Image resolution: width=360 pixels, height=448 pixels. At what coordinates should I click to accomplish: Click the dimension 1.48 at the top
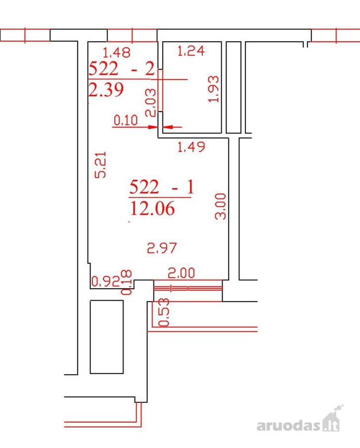point(117,52)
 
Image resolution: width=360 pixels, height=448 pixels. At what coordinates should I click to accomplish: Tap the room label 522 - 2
point(121,69)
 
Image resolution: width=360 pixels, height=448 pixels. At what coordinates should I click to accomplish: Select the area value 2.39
point(106,90)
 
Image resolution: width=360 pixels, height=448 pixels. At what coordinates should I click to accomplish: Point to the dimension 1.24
point(191,51)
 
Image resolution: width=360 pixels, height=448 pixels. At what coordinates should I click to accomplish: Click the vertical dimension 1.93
point(214,89)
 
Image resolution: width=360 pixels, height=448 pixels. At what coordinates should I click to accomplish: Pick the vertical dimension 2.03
point(150,102)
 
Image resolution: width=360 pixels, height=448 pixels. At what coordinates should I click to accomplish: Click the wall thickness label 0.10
point(125,120)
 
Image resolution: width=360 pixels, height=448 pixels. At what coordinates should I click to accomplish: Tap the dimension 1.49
point(191,147)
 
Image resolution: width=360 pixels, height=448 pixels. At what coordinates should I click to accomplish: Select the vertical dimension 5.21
point(100,165)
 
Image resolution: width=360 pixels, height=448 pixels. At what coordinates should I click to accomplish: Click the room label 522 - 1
point(162,187)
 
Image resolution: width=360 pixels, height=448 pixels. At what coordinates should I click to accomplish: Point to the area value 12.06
point(152,209)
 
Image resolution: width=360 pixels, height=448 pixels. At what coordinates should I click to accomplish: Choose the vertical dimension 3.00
point(220,206)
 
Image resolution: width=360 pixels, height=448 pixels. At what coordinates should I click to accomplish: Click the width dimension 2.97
point(162,248)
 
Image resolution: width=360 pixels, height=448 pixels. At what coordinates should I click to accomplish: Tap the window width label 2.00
point(181,273)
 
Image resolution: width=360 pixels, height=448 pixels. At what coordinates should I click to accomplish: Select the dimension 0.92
point(106,281)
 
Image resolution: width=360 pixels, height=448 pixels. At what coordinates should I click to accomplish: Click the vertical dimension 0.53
point(164,312)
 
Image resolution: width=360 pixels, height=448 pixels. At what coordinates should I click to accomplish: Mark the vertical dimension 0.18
point(126,282)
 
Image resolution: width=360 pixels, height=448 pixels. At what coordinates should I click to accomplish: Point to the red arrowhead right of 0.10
point(168,127)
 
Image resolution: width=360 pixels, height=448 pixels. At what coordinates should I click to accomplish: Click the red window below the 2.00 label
point(188,289)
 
